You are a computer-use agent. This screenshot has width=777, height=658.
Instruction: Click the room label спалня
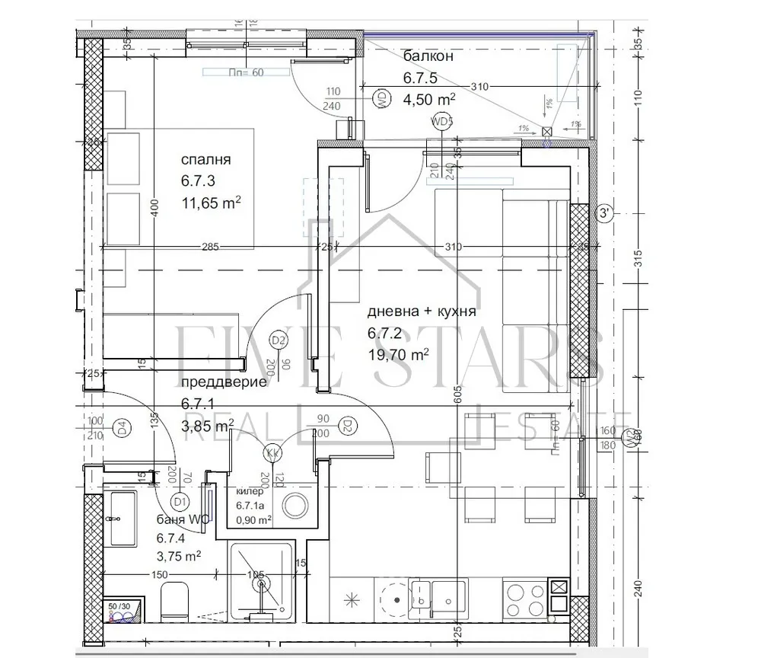click(x=205, y=160)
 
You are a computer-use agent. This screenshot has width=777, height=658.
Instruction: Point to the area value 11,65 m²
click(x=211, y=203)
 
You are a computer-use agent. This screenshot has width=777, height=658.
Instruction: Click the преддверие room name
click(x=224, y=382)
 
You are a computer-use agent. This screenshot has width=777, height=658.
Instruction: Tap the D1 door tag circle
click(x=180, y=501)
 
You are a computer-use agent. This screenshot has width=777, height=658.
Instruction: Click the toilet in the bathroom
click(x=176, y=602)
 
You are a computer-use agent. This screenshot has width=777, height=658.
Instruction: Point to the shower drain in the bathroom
click(x=263, y=585)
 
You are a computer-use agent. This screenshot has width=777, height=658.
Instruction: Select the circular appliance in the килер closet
click(x=294, y=505)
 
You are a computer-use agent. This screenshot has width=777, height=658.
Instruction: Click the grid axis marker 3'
click(x=605, y=213)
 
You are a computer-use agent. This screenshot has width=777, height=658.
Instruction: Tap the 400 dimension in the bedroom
click(x=154, y=208)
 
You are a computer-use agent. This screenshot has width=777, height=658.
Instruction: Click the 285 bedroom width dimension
click(x=211, y=247)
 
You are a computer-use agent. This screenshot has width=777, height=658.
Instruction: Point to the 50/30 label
click(x=119, y=606)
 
